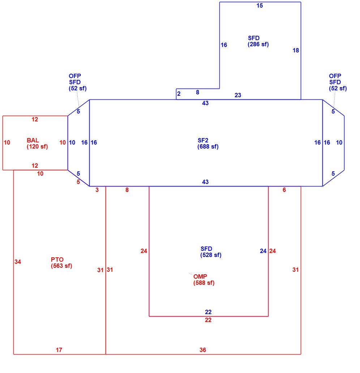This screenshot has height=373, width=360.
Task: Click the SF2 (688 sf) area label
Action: click(208, 143)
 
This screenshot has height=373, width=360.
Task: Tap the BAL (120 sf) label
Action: click(37, 143)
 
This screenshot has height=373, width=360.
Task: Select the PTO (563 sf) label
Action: click(61, 263)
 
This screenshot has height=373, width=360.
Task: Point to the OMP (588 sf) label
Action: click(204, 280)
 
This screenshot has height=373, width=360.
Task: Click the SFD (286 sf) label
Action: click(258, 41)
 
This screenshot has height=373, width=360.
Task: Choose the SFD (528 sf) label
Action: click(211, 252)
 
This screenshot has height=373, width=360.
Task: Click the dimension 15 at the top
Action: click(260, 5)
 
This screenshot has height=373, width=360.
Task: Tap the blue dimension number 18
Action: click(296, 51)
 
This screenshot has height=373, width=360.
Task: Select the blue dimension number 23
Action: click(238, 95)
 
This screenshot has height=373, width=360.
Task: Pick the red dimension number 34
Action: click(18, 262)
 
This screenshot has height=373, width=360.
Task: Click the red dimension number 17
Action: click(59, 350)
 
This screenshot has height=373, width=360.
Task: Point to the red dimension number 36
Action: click(203, 350)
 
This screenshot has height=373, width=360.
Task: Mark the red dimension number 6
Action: click(284, 190)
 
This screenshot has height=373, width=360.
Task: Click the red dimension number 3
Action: click(97, 190)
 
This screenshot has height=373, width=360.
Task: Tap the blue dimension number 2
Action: click(179, 94)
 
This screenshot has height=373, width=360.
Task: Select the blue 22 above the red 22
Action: click(208, 312)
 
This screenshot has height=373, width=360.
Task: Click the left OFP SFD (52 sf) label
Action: click(78, 82)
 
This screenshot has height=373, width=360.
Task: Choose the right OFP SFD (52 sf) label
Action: click(338, 82)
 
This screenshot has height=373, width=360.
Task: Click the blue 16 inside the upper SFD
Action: click(224, 45)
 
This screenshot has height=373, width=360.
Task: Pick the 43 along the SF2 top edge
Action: click(205, 103)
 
